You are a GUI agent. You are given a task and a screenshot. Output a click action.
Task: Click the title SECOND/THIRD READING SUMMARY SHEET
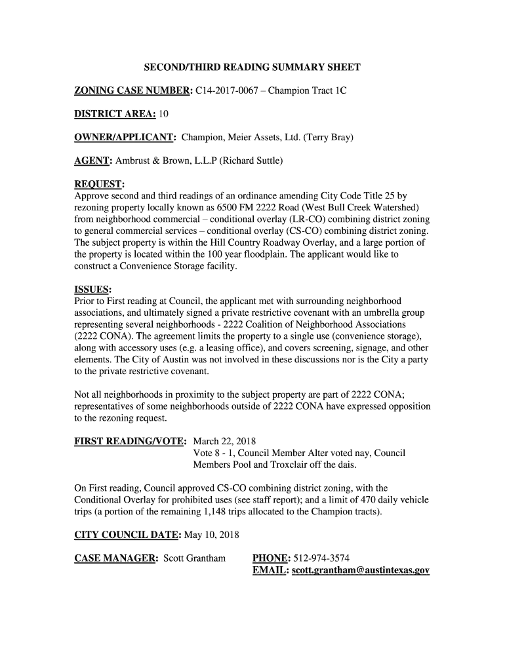pos(253,67)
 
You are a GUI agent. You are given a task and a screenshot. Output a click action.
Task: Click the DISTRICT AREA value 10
pos(163,114)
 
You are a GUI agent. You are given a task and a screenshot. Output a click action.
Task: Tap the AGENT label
pos(93,161)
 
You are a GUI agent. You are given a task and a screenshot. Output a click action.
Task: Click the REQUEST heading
pos(100,184)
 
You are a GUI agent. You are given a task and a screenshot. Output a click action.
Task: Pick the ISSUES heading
pos(92,290)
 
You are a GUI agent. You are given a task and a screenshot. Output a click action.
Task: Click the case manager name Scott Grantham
pos(194,558)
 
